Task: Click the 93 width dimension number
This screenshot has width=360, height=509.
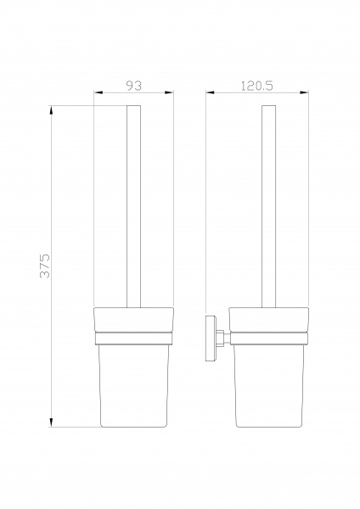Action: click(134, 86)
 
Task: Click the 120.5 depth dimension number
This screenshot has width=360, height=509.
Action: click(256, 86)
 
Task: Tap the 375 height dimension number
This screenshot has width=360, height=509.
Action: click(45, 266)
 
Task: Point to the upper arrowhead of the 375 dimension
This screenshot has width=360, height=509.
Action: click(51, 110)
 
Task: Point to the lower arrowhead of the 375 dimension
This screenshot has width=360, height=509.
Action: click(51, 422)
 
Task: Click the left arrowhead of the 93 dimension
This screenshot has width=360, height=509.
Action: click(98, 92)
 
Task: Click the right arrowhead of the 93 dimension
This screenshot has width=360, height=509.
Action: click(169, 92)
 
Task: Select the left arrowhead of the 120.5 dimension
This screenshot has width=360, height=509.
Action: click(211, 92)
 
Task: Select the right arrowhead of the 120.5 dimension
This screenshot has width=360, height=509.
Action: click(304, 92)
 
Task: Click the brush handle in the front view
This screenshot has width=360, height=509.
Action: click(133, 206)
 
